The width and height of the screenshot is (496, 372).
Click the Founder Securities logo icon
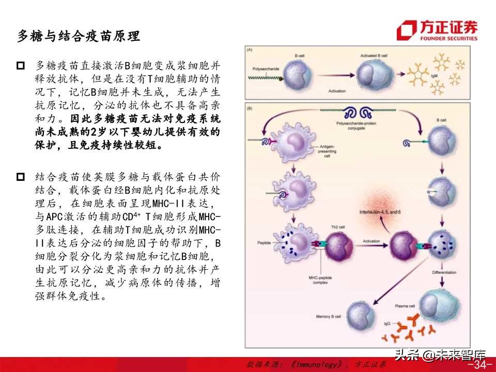pos(407,30)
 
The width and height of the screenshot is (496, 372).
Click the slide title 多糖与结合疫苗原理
pos(79,37)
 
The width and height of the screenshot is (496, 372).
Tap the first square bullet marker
pos(21,66)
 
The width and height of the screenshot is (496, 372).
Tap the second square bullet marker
pos(21,177)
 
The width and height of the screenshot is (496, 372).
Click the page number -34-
pos(479,365)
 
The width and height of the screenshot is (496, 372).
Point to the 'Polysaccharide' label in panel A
pos(265,68)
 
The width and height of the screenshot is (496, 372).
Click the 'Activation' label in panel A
pos(337,90)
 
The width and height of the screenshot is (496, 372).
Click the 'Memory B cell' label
pos(329,316)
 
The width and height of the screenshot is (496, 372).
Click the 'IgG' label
pos(388,324)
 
